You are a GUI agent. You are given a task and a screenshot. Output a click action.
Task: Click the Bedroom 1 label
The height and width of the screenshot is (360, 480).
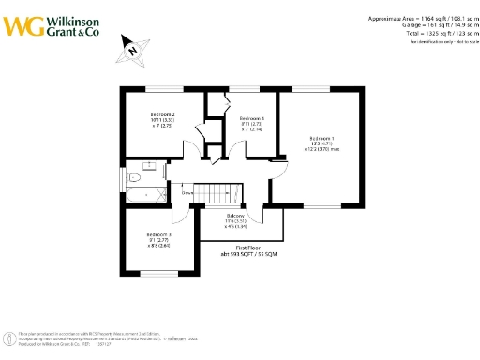pos(321,138)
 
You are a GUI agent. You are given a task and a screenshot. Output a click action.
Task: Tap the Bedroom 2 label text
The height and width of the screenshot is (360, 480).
pos(163,114)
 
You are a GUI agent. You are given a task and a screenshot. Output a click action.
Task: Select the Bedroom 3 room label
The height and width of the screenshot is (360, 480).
pos(158,234)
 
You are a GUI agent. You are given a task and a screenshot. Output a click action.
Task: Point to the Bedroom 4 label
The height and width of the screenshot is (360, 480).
pos(253,118)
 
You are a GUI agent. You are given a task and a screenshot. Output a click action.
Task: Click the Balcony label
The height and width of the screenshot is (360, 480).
pos(234,216)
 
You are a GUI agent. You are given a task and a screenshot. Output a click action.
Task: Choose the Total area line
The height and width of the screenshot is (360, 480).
pos(425,33)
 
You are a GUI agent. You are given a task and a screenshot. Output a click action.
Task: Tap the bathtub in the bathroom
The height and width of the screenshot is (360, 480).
pos(146,195)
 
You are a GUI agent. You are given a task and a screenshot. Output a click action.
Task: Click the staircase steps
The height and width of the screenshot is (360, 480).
pos(222,193)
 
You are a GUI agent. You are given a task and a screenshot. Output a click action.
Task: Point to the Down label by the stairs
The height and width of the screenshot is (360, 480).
pos(187,192)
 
